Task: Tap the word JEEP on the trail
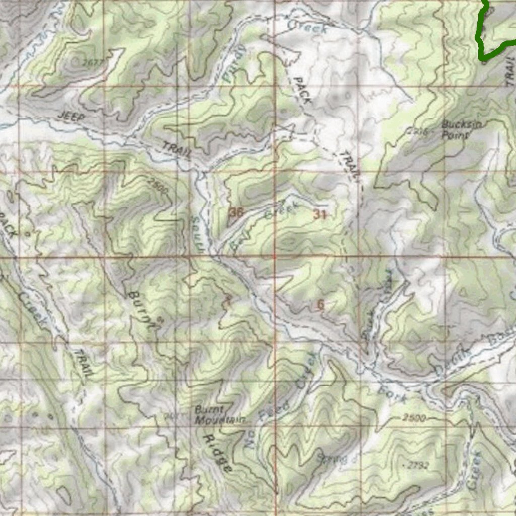(70, 116)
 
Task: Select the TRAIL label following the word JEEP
(175, 150)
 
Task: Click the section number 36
(236, 213)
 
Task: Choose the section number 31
(320, 214)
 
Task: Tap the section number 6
(321, 304)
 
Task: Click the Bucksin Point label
(456, 130)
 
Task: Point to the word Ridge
(218, 454)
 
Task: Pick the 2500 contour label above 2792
(414, 418)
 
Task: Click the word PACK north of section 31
(302, 91)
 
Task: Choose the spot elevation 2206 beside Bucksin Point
(418, 132)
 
